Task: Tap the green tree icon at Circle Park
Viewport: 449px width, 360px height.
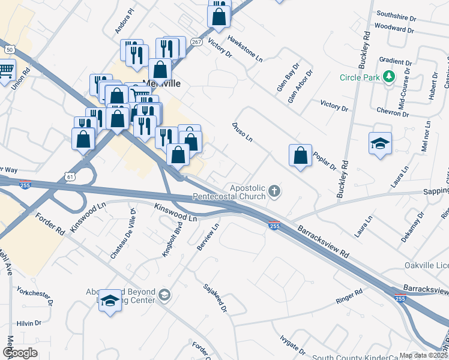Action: [x=389, y=76]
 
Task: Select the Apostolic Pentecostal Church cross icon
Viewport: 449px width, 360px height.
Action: [x=274, y=191]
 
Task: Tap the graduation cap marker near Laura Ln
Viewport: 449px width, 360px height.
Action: [x=380, y=144]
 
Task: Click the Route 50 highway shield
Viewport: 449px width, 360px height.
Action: [x=9, y=49]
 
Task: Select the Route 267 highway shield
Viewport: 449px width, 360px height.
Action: [x=197, y=42]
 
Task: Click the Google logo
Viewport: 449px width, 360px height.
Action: [x=20, y=352]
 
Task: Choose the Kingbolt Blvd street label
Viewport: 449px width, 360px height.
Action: [x=172, y=241]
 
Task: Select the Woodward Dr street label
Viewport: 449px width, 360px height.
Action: [x=394, y=27]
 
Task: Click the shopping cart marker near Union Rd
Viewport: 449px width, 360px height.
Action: [x=6, y=72]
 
